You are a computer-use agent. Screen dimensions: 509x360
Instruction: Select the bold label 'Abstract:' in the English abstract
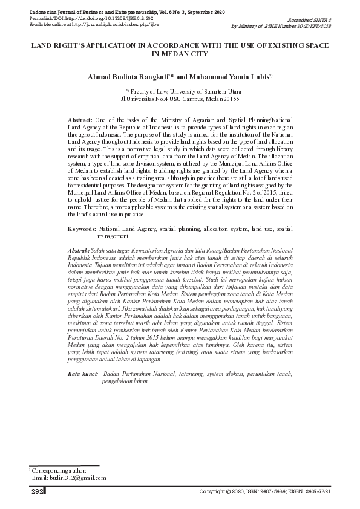(x=80, y=120)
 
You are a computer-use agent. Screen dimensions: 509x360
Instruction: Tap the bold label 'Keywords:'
(x=82, y=230)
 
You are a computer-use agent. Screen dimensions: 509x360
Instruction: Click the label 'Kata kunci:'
(x=83, y=375)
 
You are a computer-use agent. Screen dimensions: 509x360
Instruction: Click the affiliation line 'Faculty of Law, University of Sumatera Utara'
(x=182, y=91)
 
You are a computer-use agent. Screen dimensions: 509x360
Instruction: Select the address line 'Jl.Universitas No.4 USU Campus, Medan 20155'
(x=180, y=98)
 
